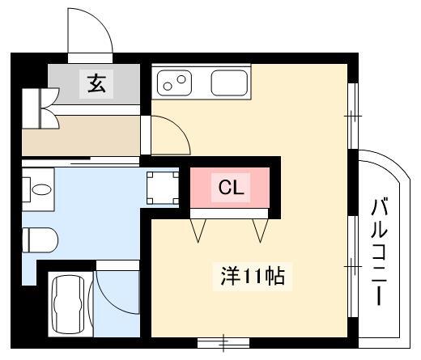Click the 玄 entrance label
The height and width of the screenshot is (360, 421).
tap(96, 83)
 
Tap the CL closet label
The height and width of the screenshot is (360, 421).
tap(231, 188)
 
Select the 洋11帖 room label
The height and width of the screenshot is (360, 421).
tap(253, 277)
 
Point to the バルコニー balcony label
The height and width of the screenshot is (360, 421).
tap(379, 252)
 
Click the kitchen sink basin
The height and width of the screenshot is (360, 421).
tap(229, 83)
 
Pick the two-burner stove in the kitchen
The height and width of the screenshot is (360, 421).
tap(174, 83)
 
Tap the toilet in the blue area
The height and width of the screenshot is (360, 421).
tap(40, 240)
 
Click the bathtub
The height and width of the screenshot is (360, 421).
tap(70, 305)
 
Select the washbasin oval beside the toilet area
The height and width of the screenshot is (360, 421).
tap(41, 189)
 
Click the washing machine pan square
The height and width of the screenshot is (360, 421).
tap(163, 188)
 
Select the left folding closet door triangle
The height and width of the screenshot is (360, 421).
tap(198, 231)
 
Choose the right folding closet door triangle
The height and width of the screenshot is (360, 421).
tap(261, 231)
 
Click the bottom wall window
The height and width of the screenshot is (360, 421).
tap(223, 343)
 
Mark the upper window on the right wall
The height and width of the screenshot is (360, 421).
tap(353, 116)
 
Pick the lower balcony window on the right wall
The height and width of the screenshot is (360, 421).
tap(353, 266)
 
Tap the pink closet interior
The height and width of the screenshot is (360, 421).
tap(230, 188)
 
